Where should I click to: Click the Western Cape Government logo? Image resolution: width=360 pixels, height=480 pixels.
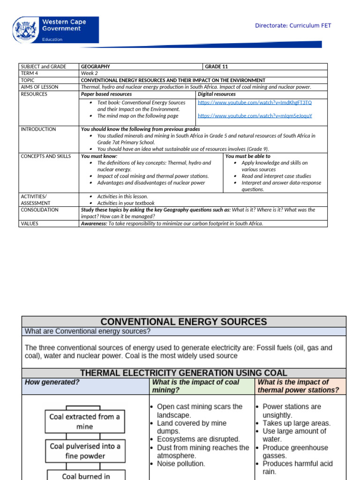56,30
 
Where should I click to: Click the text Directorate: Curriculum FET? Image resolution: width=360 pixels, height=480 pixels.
293,25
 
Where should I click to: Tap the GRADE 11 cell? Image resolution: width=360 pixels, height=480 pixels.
217,67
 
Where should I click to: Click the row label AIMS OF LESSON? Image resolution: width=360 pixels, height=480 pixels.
39,87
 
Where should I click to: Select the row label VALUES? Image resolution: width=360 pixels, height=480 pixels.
30,224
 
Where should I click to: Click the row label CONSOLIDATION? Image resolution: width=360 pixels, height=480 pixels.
39,210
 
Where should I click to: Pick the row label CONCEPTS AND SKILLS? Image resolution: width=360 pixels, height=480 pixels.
45,156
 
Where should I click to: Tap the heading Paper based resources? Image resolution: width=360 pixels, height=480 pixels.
106,94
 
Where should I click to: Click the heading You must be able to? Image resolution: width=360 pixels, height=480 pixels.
248,156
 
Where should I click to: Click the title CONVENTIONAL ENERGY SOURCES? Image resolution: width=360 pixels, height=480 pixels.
184,322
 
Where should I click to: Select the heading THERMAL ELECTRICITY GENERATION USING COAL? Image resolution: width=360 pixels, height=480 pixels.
184,373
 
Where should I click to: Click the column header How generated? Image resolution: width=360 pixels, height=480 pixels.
52,382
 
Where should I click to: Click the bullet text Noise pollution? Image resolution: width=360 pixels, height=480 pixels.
180,464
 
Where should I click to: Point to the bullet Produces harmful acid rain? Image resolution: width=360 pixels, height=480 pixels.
297,468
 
